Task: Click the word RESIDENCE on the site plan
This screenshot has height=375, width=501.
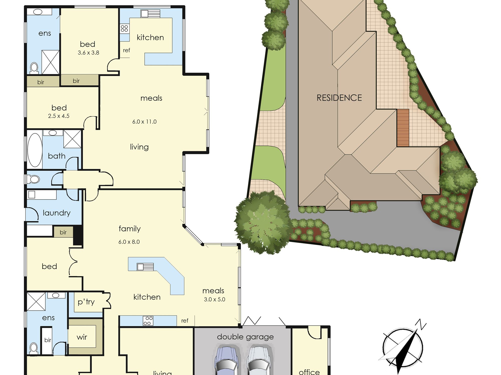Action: [339, 98]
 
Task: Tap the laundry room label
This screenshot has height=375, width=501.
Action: [57, 213]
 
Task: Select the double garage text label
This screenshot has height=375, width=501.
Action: [245, 337]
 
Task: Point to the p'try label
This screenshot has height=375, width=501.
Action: [86, 302]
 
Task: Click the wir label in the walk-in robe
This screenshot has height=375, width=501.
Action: [82, 337]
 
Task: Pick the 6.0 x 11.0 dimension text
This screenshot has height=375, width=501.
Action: [145, 122]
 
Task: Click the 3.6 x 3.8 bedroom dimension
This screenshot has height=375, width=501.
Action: [88, 53]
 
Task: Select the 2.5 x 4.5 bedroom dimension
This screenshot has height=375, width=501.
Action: [59, 116]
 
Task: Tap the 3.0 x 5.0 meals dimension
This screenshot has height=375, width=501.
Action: [215, 299]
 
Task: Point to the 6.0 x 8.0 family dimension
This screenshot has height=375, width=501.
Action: [129, 242]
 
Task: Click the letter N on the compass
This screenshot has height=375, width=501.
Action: [421, 325]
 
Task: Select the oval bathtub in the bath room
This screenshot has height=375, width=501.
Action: [35, 150]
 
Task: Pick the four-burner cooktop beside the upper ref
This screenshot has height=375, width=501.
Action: [124, 28]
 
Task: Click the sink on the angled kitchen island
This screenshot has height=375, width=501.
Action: [145, 267]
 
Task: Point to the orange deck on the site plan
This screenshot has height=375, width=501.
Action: [403, 128]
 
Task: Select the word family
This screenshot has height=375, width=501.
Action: [130, 229]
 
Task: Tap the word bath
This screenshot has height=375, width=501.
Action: [57, 156]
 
